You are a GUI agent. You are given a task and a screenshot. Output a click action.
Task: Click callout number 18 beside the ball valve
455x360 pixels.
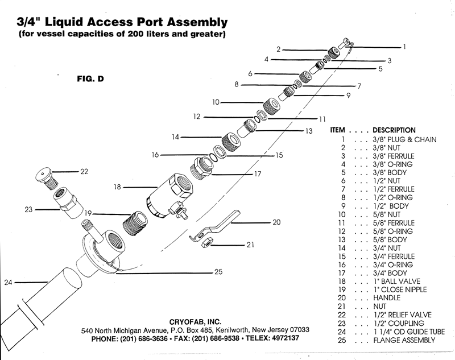(x=118, y=187)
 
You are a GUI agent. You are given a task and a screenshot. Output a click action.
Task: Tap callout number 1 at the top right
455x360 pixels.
(x=404, y=47)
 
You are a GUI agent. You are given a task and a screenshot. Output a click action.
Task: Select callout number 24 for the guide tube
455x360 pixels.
(x=7, y=281)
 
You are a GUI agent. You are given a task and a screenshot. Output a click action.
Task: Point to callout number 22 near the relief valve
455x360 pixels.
(x=84, y=171)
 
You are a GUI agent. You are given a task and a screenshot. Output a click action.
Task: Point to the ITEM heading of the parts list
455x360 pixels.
(x=339, y=130)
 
